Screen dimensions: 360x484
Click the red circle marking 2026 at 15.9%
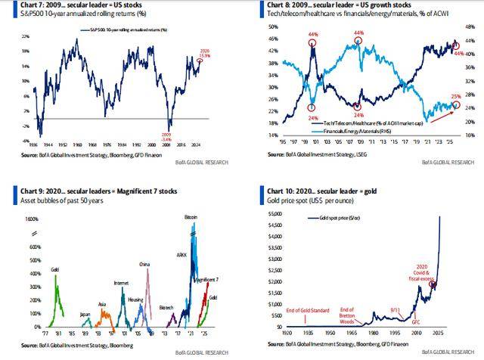tap(200, 61)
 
